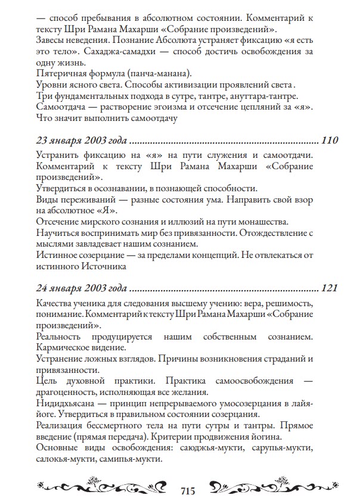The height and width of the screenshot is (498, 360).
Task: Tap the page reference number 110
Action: click(x=330, y=142)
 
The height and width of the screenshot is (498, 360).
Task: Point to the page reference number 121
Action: click(x=330, y=289)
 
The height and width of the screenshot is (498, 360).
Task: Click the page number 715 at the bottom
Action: click(x=188, y=490)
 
